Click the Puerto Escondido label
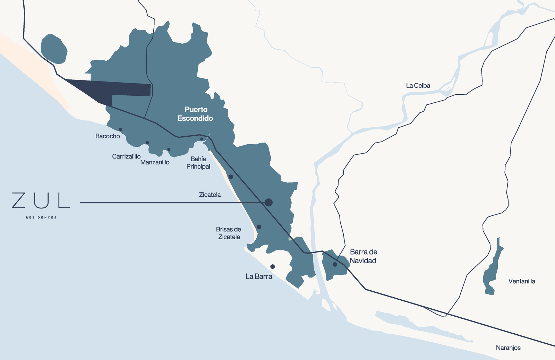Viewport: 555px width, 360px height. point(195,114)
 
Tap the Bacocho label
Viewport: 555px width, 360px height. point(108,136)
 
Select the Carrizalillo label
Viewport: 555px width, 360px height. point(126,156)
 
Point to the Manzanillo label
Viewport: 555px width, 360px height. point(155,162)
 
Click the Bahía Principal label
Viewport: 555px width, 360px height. point(198,163)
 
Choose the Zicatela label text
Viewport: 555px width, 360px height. point(210,195)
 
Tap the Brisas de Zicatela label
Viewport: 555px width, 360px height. point(229,233)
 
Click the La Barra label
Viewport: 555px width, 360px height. point(259,276)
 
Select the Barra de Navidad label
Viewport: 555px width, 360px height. point(363,256)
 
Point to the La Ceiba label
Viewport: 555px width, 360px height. point(418,86)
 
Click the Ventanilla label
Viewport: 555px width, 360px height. point(522,281)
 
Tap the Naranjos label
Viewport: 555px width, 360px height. point(508,348)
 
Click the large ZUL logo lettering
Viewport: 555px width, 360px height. point(41,200)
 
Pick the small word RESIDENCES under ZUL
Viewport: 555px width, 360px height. point(41,217)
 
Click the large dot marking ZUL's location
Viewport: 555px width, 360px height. point(268,203)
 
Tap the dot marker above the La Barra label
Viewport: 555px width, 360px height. point(273,267)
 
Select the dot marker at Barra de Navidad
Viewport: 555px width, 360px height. point(335,264)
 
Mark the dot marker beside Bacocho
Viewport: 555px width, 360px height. point(120,129)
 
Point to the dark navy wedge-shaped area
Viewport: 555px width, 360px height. point(114,89)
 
